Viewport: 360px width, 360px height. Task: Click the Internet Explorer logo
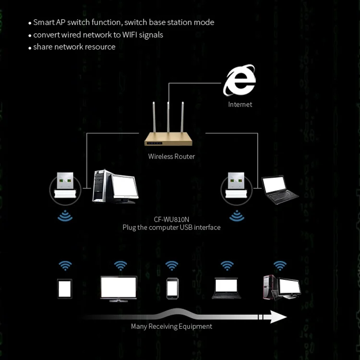coord(240,82)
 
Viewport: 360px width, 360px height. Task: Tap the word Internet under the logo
coord(240,104)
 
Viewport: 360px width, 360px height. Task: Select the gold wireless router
coord(168,139)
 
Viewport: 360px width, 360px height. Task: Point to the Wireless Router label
coord(171,156)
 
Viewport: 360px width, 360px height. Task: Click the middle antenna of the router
coord(168,118)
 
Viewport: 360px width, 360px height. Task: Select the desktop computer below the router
coord(115,186)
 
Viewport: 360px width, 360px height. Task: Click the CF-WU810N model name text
coord(171,219)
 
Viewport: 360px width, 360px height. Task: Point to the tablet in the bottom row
coord(65,288)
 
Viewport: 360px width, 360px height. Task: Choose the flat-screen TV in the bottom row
coord(119,288)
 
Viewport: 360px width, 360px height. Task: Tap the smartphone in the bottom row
coord(172,288)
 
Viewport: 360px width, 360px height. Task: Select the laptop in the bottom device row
coord(227,288)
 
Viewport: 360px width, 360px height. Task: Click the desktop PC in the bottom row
coord(281,287)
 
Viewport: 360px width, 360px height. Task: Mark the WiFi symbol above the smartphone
coord(172,265)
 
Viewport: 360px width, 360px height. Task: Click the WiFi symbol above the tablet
coord(65,265)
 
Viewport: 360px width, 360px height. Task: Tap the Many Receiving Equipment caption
coord(171,326)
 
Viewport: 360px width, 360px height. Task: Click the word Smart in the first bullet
coord(44,23)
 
